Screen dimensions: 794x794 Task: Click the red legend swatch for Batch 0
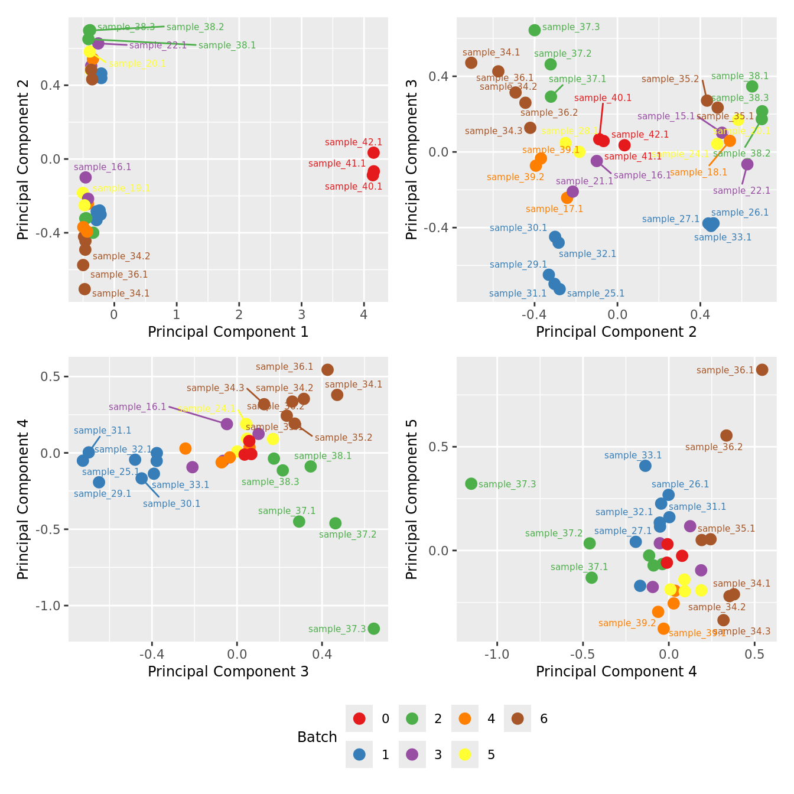[x=359, y=719]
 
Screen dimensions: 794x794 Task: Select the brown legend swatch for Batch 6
[x=518, y=719]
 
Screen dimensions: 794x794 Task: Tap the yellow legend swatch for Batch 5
[x=465, y=754]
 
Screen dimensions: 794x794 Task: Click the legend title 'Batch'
[x=317, y=737]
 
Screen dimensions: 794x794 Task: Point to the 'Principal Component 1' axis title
[x=228, y=332]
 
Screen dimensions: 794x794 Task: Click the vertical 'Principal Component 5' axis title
[x=412, y=499]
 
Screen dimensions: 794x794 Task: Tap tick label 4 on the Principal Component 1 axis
[x=364, y=314]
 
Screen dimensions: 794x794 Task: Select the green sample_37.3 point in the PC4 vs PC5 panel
[x=471, y=484]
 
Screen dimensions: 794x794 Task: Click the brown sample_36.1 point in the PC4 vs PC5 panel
[x=762, y=370]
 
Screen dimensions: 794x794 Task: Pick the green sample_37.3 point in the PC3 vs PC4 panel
[x=373, y=629]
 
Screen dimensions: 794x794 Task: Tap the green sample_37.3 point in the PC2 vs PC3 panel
[x=535, y=30]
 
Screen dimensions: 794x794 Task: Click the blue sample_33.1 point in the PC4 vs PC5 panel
[x=645, y=466]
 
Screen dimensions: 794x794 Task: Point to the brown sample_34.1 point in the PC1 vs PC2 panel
[x=84, y=289]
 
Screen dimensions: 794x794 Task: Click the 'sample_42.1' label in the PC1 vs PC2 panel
[x=353, y=142]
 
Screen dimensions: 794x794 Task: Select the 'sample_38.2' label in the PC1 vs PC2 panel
[x=195, y=27]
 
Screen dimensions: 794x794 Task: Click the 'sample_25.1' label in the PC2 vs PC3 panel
[x=595, y=294]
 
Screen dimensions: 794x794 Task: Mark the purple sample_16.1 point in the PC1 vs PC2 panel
[x=86, y=177]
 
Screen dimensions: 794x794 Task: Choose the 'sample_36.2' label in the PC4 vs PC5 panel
[x=714, y=447]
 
